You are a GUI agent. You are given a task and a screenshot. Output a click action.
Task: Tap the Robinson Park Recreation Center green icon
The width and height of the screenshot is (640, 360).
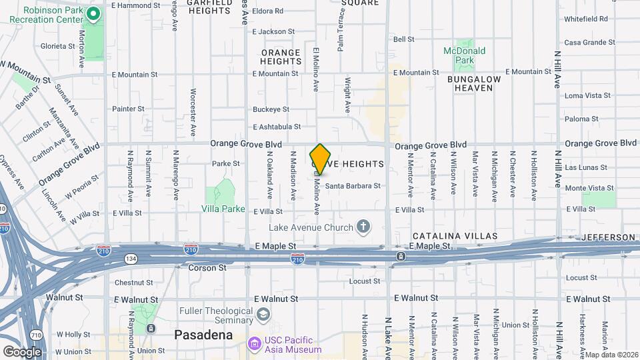click(x=94, y=13)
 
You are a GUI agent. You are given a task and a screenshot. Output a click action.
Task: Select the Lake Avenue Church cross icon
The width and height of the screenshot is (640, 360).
click(x=363, y=228)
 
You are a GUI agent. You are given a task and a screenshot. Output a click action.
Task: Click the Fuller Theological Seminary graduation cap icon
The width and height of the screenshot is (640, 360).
click(x=265, y=314)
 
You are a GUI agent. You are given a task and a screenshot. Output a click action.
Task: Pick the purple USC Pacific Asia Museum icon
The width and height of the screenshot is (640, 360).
click(x=254, y=344)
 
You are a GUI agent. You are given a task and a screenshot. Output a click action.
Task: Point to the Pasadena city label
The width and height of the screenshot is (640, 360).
click(x=203, y=335)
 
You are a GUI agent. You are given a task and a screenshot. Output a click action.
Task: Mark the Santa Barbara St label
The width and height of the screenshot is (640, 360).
click(x=353, y=186)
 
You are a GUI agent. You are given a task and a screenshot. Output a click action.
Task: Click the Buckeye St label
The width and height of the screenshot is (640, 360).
click(x=271, y=109)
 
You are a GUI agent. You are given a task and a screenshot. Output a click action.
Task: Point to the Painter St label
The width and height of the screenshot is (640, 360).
click(x=128, y=109)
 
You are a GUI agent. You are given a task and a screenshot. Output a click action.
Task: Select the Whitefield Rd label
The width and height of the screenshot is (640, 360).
click(x=585, y=19)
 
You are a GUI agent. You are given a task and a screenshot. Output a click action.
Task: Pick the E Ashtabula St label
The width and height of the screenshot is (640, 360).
click(x=276, y=127)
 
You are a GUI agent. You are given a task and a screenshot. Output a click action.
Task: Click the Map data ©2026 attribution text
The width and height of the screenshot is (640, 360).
click(x=611, y=355)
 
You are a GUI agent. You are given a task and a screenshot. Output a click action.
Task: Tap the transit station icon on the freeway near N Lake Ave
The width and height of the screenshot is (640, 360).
click(x=400, y=256)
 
